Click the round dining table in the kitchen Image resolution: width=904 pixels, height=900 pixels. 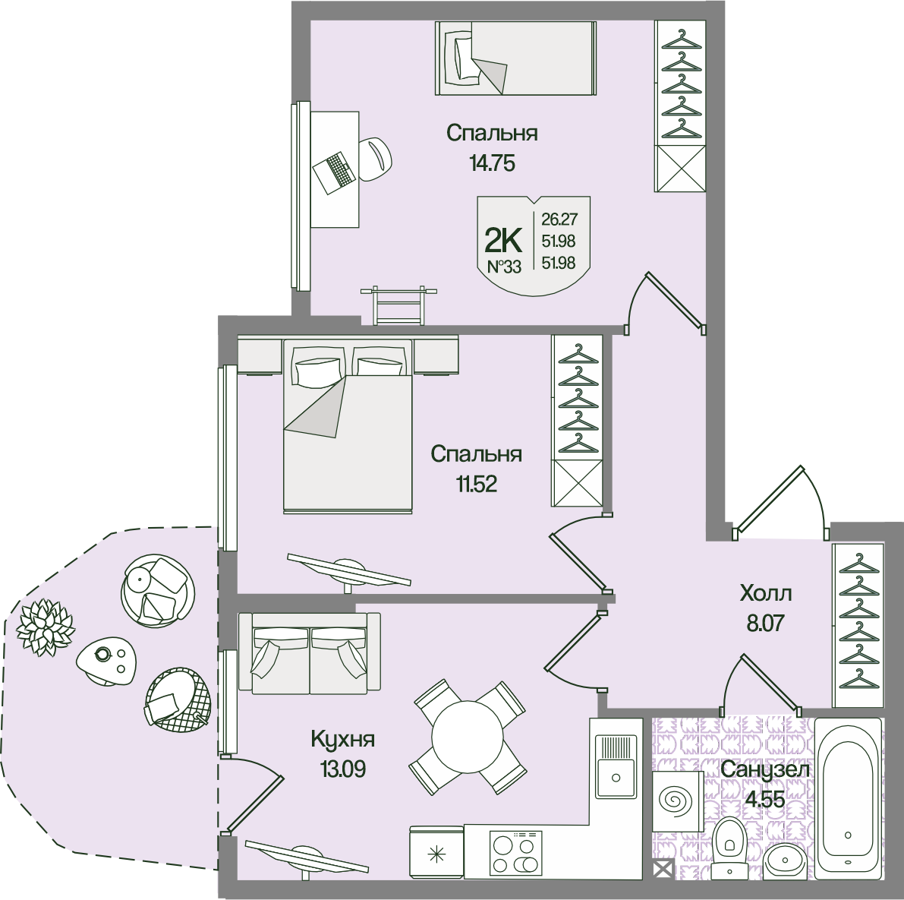click(467, 737)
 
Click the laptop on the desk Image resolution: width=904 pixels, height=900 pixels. click(335, 172)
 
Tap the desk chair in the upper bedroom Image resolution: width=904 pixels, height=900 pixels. click(375, 159)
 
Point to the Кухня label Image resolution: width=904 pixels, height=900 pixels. click(343, 739)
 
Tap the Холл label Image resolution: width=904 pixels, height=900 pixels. click(765, 593)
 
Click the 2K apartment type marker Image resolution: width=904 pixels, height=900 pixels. click(502, 242)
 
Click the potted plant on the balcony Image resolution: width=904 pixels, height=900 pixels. click(46, 627)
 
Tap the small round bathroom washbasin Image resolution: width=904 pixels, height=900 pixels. click(784, 863)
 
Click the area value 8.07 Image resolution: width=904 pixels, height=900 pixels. click(764, 624)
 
